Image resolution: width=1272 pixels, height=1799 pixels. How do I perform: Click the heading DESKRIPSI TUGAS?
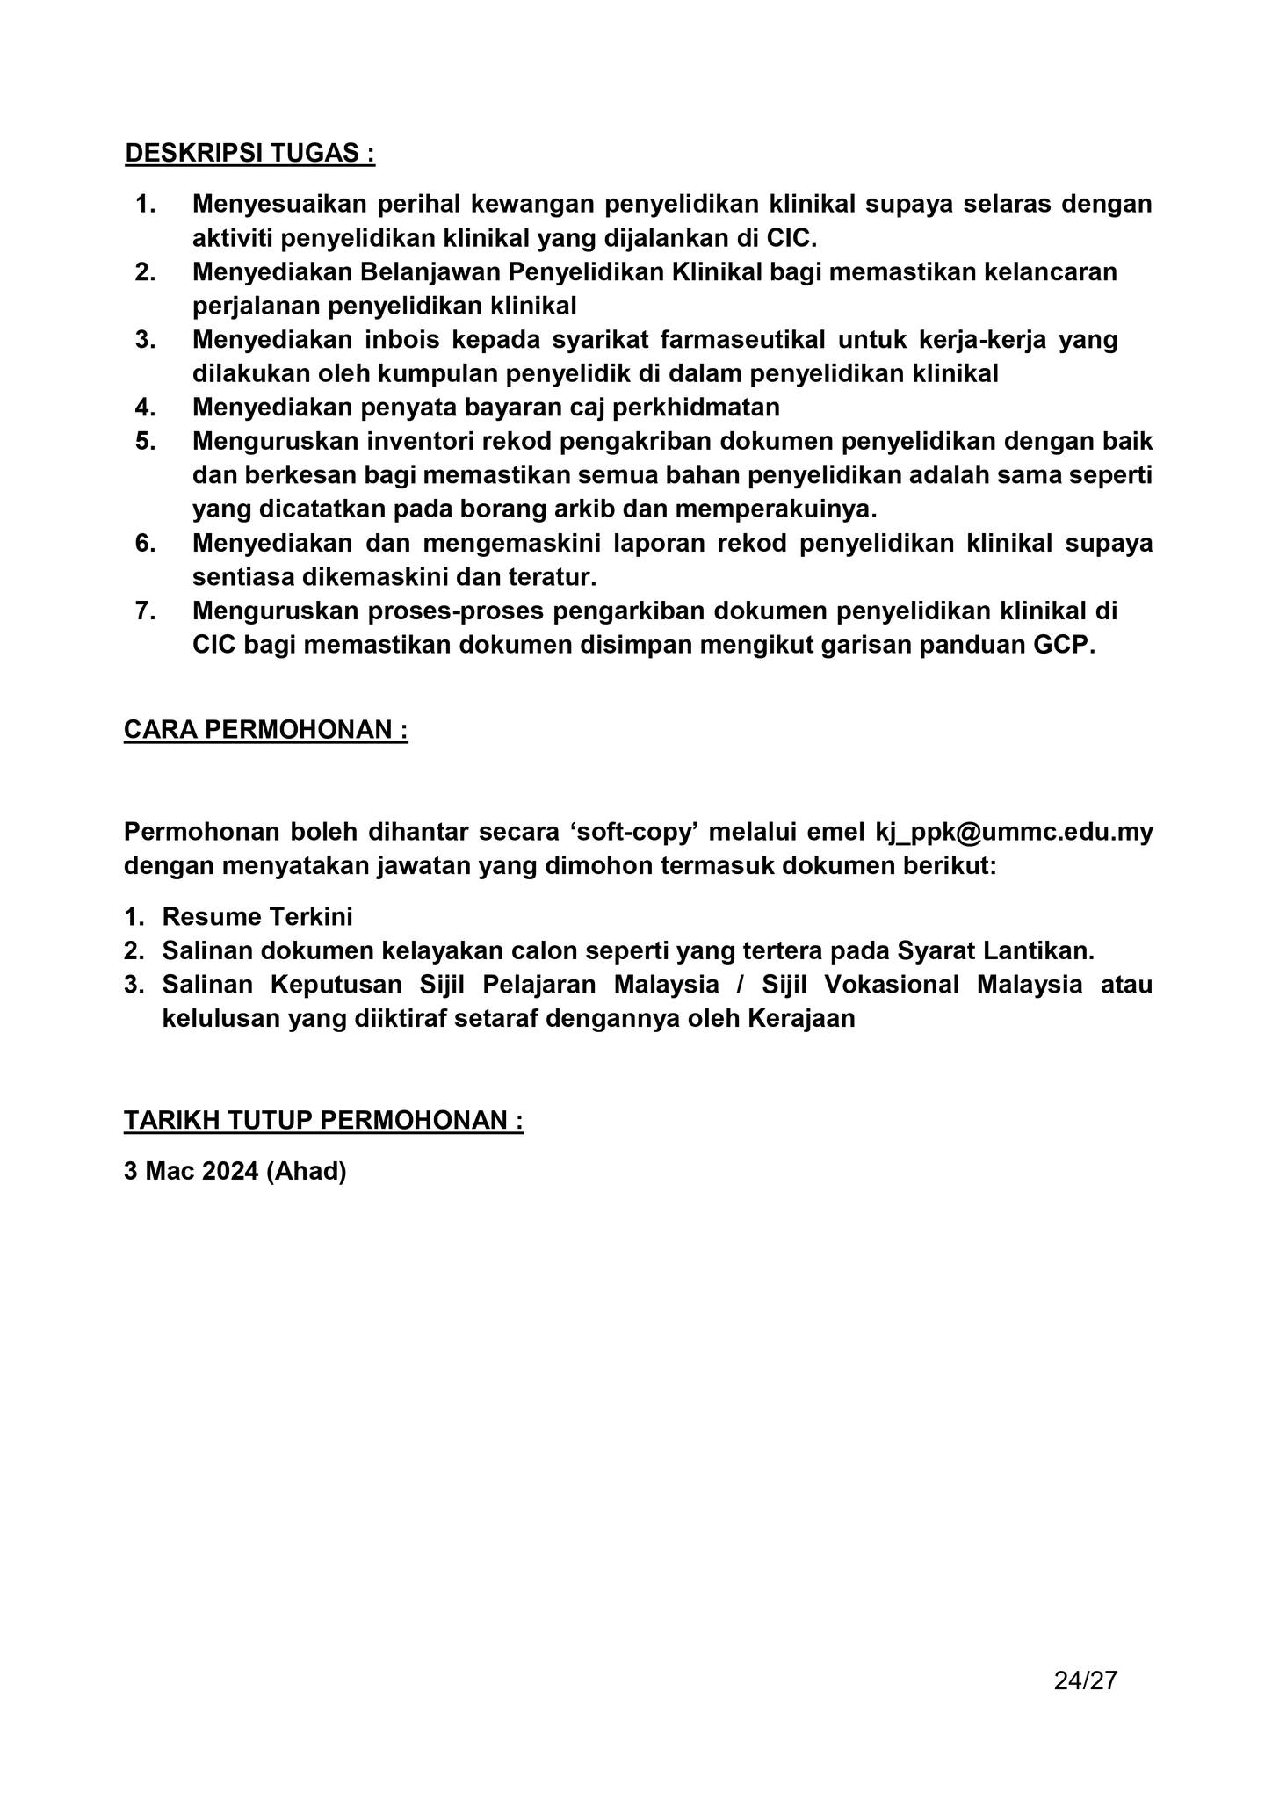(x=249, y=153)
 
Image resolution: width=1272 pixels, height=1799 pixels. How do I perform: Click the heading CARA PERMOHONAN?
(x=265, y=730)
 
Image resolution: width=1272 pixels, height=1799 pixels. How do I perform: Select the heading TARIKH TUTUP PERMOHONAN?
(x=323, y=1120)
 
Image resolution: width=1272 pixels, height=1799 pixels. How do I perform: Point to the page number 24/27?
(x=1085, y=1680)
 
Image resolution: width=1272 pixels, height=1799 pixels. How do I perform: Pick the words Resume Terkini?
(x=257, y=917)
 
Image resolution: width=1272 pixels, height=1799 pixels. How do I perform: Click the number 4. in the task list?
(x=146, y=408)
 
